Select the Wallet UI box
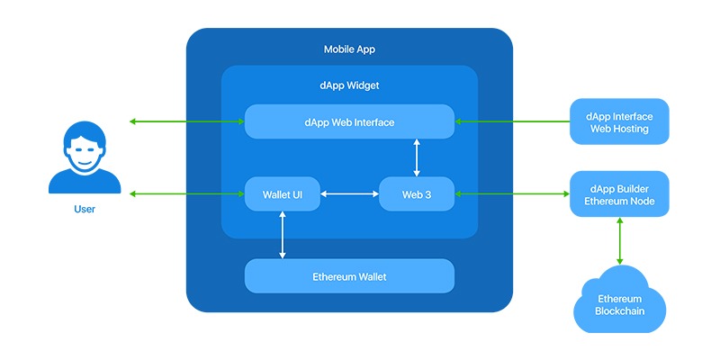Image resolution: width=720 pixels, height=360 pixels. (283, 193)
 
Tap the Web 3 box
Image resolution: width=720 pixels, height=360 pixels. (417, 193)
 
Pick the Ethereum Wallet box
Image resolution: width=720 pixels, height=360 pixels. (349, 276)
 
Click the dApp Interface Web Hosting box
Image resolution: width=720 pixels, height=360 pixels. (619, 122)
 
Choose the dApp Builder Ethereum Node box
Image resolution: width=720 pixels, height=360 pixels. (619, 193)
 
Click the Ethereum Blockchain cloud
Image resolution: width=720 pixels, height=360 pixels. (619, 304)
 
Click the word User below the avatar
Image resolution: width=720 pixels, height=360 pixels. (84, 209)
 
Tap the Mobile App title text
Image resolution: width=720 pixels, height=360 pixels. (349, 49)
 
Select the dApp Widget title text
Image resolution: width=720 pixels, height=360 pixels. (349, 86)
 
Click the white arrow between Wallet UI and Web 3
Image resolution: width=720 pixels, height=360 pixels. (349, 193)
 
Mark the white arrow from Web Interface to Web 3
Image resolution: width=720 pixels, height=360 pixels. (416, 157)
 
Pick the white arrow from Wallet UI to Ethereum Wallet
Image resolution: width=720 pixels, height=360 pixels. (283, 235)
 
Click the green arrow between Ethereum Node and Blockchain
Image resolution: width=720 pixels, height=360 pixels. (619, 240)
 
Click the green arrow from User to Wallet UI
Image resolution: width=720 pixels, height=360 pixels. (187, 193)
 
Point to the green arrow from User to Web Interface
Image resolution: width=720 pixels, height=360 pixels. (187, 121)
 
